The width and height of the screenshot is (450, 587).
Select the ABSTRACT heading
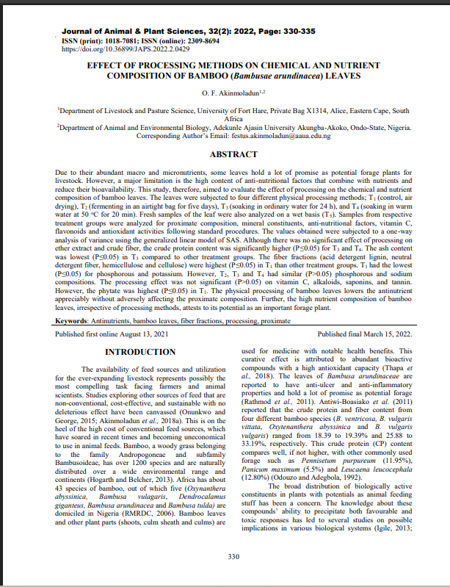click(233, 155)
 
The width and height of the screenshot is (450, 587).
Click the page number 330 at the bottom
click(234, 556)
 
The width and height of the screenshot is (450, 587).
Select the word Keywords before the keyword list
click(76, 320)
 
